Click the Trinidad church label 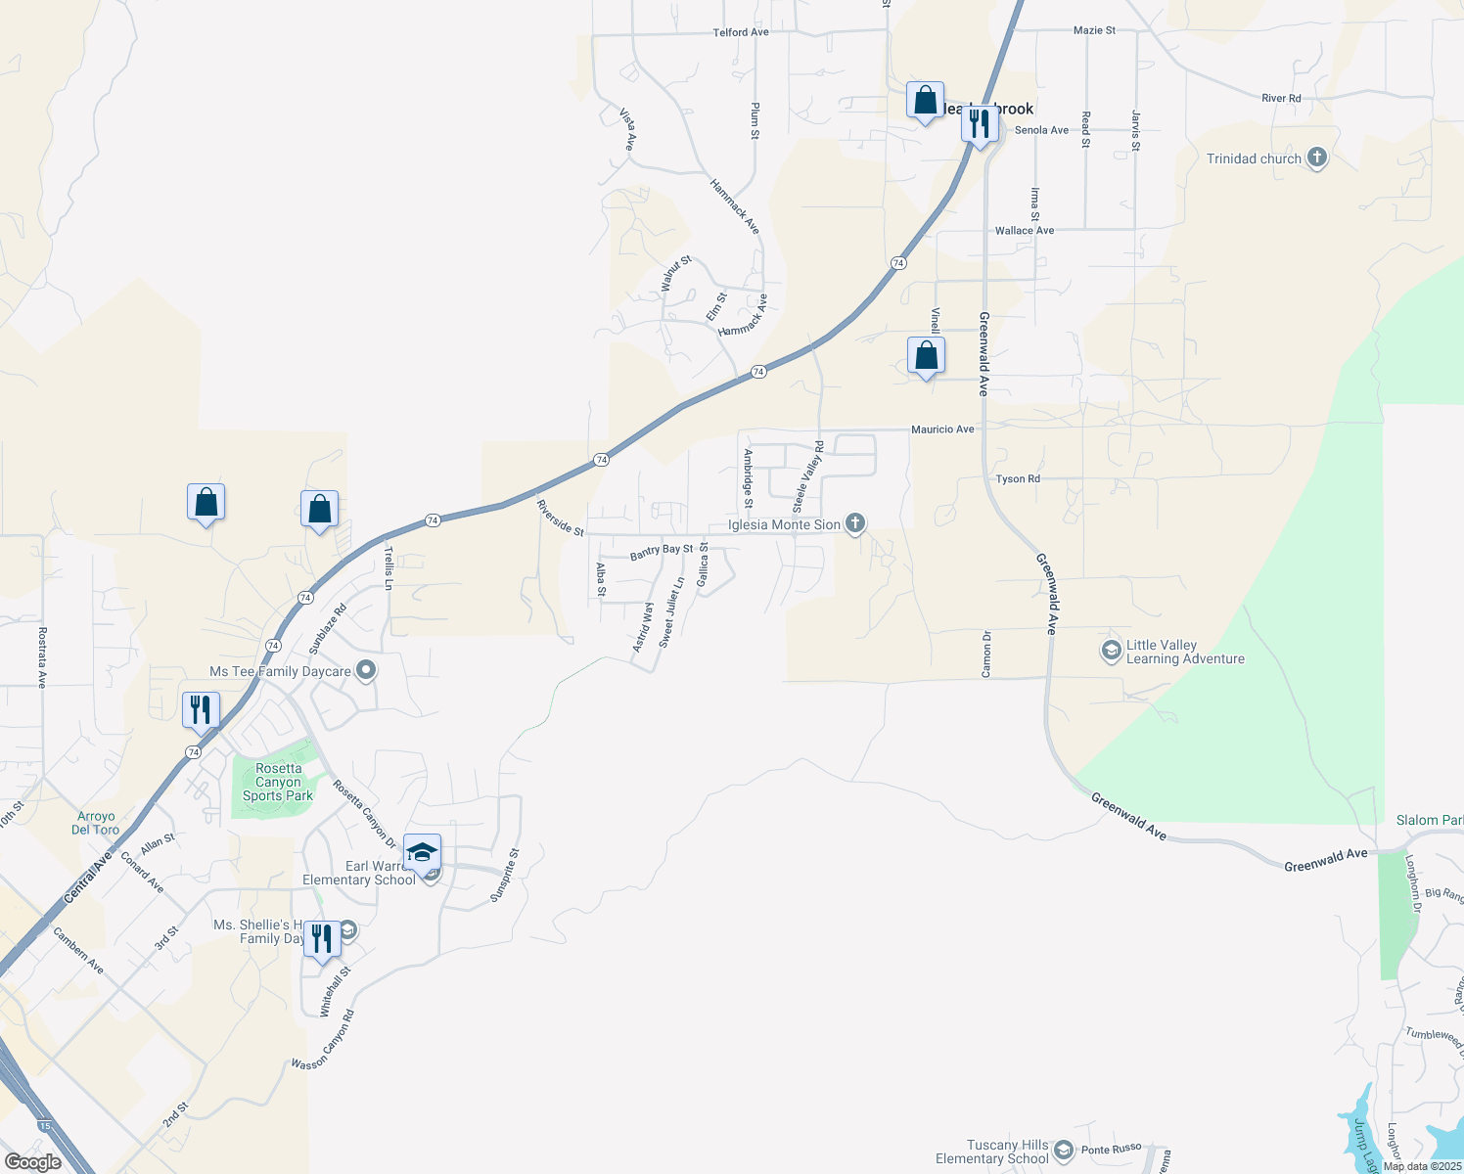click(x=1254, y=158)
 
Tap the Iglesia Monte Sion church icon click(x=855, y=523)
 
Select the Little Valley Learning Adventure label click(x=1185, y=653)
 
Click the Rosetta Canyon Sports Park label click(x=278, y=783)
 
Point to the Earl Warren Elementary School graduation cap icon click(x=422, y=853)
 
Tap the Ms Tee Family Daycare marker click(x=366, y=671)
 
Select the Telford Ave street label click(x=741, y=32)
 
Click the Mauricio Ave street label click(x=942, y=429)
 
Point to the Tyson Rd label click(x=1018, y=479)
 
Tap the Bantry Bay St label click(x=662, y=552)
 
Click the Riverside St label click(x=560, y=518)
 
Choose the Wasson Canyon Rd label click(x=323, y=1040)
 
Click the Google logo click(x=32, y=1162)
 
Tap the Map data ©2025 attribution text click(x=1422, y=1166)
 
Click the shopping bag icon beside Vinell click(x=926, y=356)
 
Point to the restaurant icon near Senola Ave click(x=979, y=123)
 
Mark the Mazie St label click(x=1094, y=30)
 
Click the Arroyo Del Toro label click(x=96, y=823)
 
